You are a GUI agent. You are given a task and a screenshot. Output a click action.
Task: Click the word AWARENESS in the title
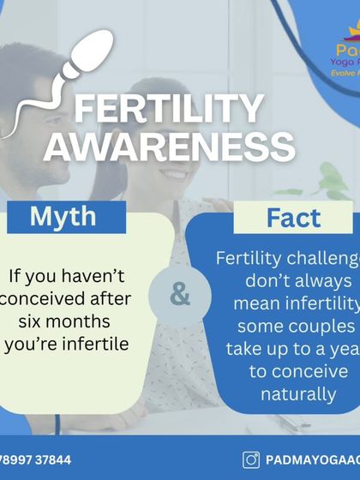click(x=171, y=147)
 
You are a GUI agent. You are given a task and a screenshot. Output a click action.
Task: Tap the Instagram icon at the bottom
click(x=251, y=459)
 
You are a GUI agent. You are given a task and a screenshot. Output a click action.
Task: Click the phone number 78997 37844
click(x=36, y=459)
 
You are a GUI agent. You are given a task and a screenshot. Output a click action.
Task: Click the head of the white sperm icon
click(x=91, y=51)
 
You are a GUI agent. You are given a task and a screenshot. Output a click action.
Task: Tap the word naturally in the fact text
click(x=297, y=394)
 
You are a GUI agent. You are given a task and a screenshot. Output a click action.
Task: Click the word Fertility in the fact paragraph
click(x=249, y=259)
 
